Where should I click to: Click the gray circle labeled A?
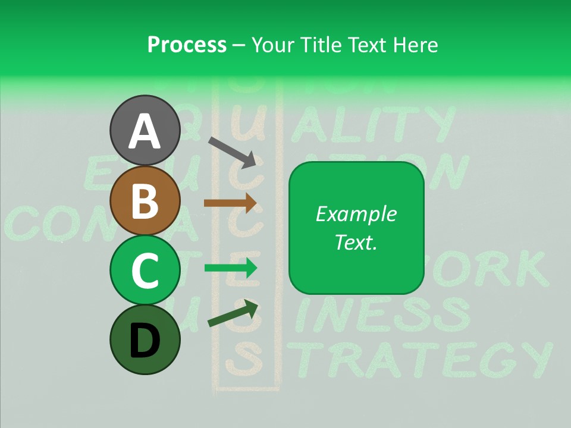pos(145,130)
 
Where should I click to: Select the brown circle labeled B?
pos(145,200)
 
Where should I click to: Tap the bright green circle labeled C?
pos(145,270)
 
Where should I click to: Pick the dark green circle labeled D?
pos(145,339)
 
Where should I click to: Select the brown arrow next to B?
pos(230,203)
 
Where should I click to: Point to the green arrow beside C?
pos(230,268)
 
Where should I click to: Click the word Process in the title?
pos(187,45)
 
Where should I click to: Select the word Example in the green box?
pos(356,214)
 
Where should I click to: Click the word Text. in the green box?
pos(356,242)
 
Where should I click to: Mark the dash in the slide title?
pos(239,45)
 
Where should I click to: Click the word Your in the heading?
pos(272,45)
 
